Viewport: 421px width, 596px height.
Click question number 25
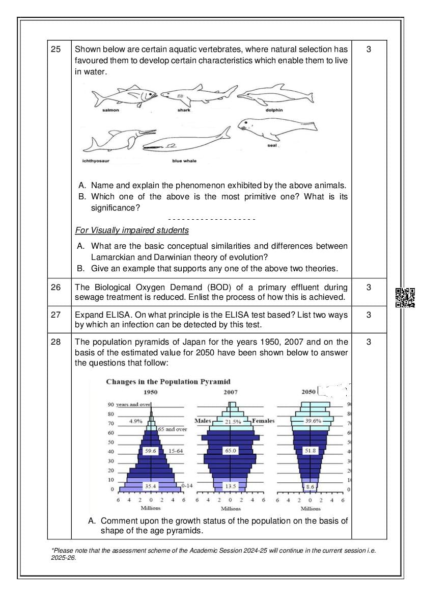point(56,49)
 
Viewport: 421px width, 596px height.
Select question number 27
point(56,315)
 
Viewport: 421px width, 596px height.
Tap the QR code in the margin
point(405,298)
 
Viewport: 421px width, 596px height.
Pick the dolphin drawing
point(275,95)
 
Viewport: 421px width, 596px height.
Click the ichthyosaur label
point(96,161)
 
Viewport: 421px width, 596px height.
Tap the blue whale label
point(184,161)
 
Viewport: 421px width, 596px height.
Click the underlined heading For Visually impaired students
point(132,230)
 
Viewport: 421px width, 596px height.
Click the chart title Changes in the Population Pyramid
point(168,381)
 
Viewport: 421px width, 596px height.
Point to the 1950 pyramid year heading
point(150,392)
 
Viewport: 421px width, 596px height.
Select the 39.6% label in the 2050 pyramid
point(313,421)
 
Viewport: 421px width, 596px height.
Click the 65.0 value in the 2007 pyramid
point(231,451)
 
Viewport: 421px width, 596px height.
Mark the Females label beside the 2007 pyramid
point(263,421)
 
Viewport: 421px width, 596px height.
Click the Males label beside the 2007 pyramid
point(203,421)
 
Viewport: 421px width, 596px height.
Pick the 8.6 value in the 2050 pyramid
point(310,486)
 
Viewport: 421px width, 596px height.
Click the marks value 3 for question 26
point(369,287)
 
